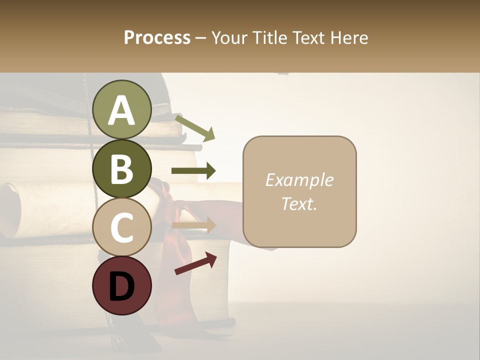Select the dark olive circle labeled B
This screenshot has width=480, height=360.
pyautogui.click(x=121, y=168)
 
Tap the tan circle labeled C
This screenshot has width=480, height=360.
pyautogui.click(x=121, y=227)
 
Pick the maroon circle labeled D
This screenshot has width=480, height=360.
pyautogui.click(x=121, y=285)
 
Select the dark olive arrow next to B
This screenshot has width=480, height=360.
pyautogui.click(x=193, y=171)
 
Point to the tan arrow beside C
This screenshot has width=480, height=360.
pyautogui.click(x=193, y=225)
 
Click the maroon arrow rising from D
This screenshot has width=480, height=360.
pyautogui.click(x=196, y=263)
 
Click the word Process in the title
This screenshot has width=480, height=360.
pyautogui.click(x=157, y=37)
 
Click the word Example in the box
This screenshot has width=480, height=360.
pyautogui.click(x=299, y=180)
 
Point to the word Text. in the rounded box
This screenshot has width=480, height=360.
pyautogui.click(x=299, y=203)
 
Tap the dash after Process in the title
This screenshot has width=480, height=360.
pyautogui.click(x=200, y=38)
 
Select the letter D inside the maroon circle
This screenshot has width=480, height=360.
pyautogui.click(x=121, y=286)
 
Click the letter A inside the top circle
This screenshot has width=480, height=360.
pyautogui.click(x=121, y=110)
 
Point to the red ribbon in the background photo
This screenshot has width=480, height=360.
pyautogui.click(x=177, y=220)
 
